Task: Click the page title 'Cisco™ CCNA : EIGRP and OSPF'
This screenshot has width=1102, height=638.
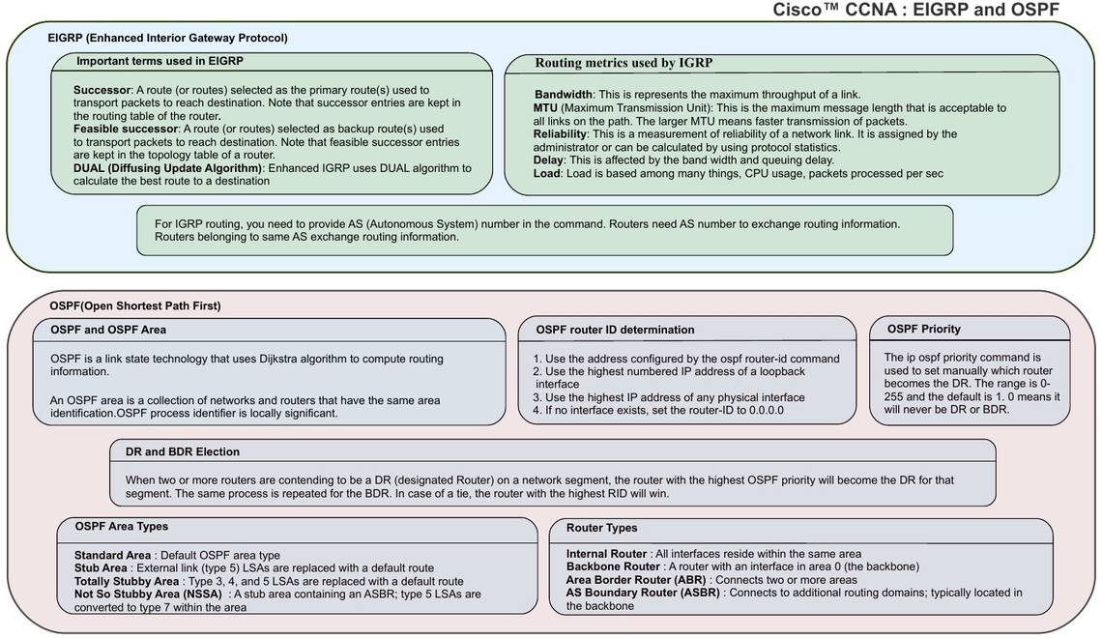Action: (x=915, y=10)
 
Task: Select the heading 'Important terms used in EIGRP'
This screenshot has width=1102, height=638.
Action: (x=159, y=61)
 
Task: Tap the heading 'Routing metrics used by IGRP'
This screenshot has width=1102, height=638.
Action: (x=624, y=63)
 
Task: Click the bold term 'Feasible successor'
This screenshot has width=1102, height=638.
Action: (x=126, y=130)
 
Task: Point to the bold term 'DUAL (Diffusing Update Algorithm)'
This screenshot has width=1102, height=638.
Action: (x=168, y=168)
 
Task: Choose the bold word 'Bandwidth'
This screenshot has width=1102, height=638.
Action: (x=564, y=95)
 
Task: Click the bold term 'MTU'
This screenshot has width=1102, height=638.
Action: (x=545, y=108)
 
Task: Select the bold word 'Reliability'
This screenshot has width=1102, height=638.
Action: (x=560, y=134)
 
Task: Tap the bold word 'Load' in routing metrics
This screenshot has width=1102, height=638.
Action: (x=547, y=174)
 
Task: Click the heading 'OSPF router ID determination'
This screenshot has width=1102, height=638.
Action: (x=615, y=331)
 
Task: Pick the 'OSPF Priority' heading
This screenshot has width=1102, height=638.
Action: (x=923, y=330)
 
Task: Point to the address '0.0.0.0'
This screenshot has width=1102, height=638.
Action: (x=763, y=410)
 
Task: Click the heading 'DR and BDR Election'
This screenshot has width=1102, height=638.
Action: (x=183, y=451)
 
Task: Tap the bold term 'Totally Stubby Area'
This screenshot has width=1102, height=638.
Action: (x=127, y=582)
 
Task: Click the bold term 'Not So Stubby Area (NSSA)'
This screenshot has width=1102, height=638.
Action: (x=148, y=594)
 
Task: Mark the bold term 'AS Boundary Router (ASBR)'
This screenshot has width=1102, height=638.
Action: (x=643, y=593)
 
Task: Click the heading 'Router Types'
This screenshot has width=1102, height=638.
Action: (x=602, y=529)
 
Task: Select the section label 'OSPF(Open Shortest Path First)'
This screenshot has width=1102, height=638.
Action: (x=135, y=306)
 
